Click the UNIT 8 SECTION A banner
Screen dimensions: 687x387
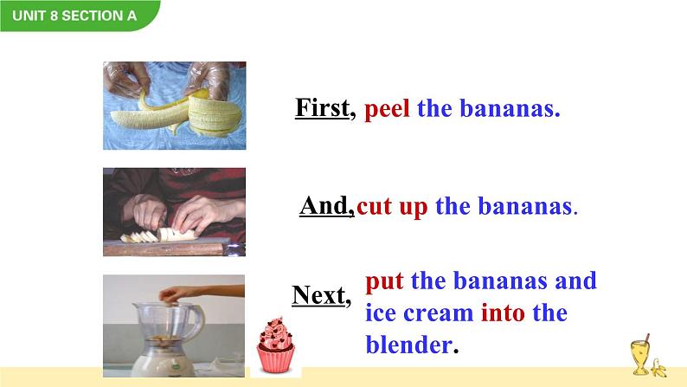[x=79, y=16]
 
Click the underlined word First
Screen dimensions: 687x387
[x=323, y=108]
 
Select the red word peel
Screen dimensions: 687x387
[x=387, y=109]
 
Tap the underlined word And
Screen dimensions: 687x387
[x=325, y=205]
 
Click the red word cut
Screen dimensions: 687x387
[x=374, y=206]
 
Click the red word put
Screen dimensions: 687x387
[x=384, y=281]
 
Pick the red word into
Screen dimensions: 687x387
[x=503, y=313]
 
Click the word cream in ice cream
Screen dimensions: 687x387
[x=438, y=314]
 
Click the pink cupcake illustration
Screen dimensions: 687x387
[x=275, y=345]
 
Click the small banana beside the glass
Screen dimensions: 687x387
[x=658, y=368]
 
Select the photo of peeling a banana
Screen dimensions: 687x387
[x=175, y=106]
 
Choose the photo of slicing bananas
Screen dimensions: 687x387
[x=175, y=212]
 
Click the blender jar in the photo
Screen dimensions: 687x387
[x=168, y=326]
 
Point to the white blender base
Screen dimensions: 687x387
[x=163, y=363]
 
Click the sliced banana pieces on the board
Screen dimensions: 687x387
[x=158, y=235]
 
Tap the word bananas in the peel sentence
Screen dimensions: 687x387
[x=510, y=109]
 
